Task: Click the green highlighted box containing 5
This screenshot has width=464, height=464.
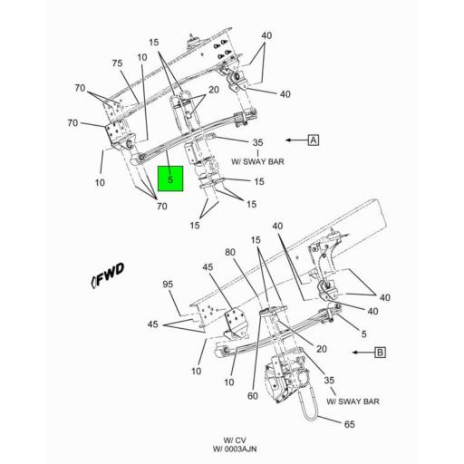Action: tap(170, 179)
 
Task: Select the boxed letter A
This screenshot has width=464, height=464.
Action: tap(314, 140)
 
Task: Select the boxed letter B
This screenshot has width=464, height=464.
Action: tap(380, 353)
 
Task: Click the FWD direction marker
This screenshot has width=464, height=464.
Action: tap(108, 275)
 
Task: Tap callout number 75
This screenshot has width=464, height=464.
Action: tap(117, 63)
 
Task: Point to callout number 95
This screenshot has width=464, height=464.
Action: tap(168, 284)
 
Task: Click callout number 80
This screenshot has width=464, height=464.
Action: tap(230, 252)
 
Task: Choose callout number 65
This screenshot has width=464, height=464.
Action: tap(350, 424)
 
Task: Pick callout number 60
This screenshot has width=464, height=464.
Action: tap(253, 396)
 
